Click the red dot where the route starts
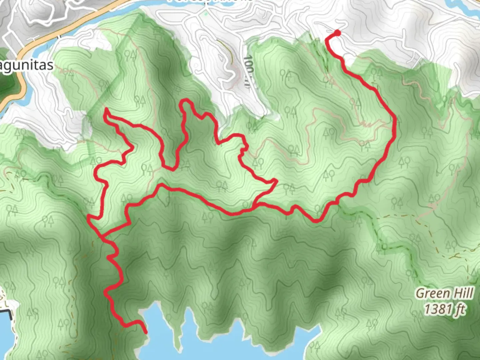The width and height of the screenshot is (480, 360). click(337, 33)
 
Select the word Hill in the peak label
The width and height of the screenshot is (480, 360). click(462, 294)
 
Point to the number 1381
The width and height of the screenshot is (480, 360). click(437, 309)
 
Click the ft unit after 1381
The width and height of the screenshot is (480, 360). click(460, 309)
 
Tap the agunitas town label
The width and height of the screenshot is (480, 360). click(27, 65)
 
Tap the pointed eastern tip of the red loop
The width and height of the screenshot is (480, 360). click(276, 181)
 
